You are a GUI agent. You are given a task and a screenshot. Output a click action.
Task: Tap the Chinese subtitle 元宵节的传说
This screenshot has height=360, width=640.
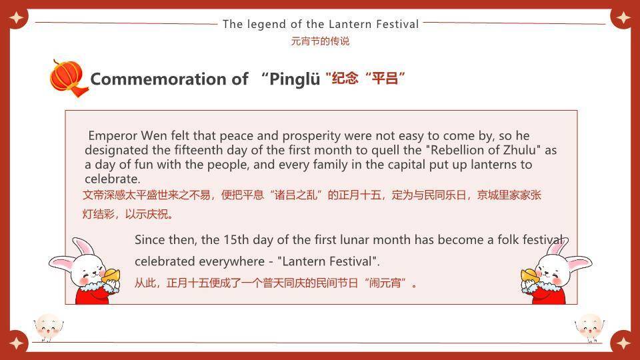(x=320, y=41)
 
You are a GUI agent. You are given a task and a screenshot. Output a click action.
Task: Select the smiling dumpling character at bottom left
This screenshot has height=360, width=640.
(x=47, y=327)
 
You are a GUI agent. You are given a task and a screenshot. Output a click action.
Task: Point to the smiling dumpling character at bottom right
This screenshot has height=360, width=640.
(x=589, y=327)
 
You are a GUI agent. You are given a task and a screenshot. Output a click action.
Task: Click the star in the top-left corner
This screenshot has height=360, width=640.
(x=16, y=16)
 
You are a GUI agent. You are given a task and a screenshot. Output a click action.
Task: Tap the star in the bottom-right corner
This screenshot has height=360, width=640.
(x=623, y=343)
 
